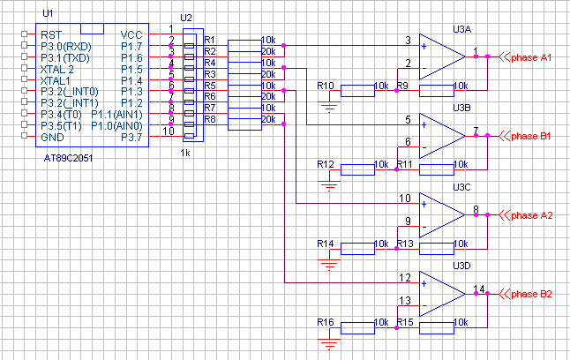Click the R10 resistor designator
(325, 86)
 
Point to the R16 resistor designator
(325, 323)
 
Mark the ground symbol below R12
(329, 184)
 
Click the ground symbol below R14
(329, 262)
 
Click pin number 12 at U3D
(404, 278)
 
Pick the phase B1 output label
(532, 136)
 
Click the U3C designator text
(460, 186)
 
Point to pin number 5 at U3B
(408, 120)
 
